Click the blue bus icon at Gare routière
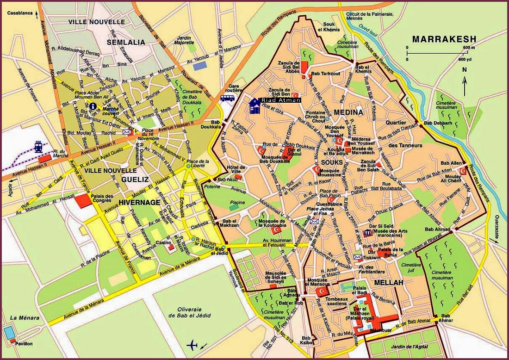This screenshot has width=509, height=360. tap(227, 98)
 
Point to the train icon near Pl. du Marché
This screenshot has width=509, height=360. tap(38, 146)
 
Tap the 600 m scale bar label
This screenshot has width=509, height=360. tap(469, 48)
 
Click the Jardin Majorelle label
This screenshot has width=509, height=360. tap(186, 40)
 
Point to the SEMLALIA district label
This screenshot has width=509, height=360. tap(126, 42)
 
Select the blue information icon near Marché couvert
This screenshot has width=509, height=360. tap(93, 106)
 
